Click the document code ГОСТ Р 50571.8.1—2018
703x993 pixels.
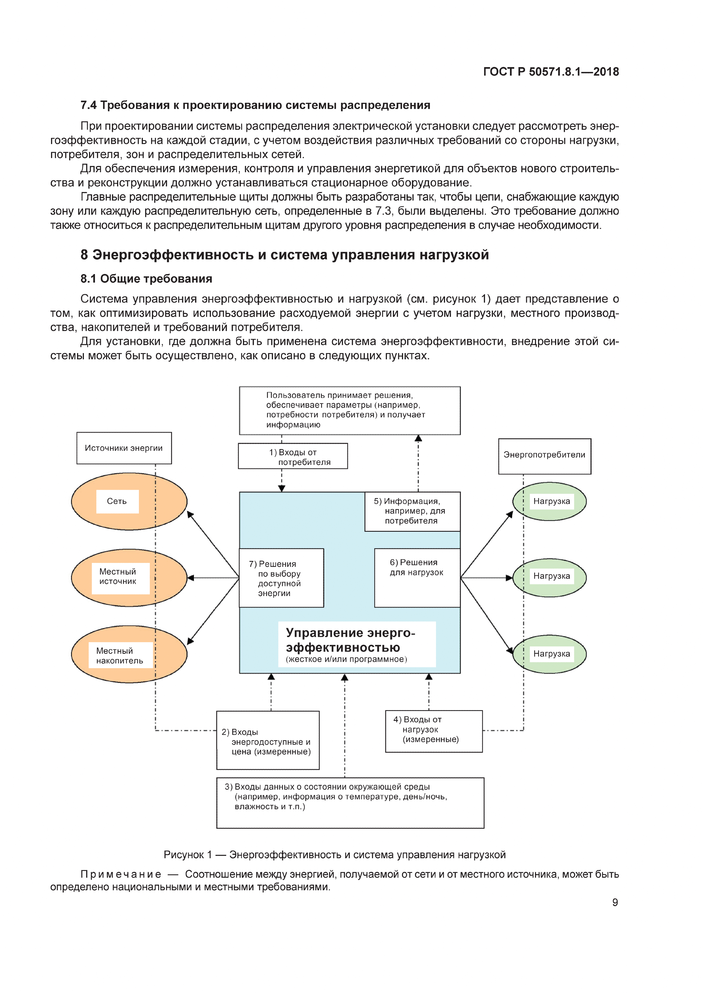550,72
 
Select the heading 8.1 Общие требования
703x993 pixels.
146,279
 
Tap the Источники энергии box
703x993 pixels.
124,448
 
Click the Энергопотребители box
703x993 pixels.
544,455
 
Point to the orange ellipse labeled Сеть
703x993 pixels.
129,501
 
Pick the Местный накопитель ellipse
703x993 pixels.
129,654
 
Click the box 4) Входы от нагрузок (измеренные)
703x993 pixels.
433,731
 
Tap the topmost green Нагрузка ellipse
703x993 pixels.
550,501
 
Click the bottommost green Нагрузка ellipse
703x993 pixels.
550,654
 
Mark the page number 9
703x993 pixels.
615,902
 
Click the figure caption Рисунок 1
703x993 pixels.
334,855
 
